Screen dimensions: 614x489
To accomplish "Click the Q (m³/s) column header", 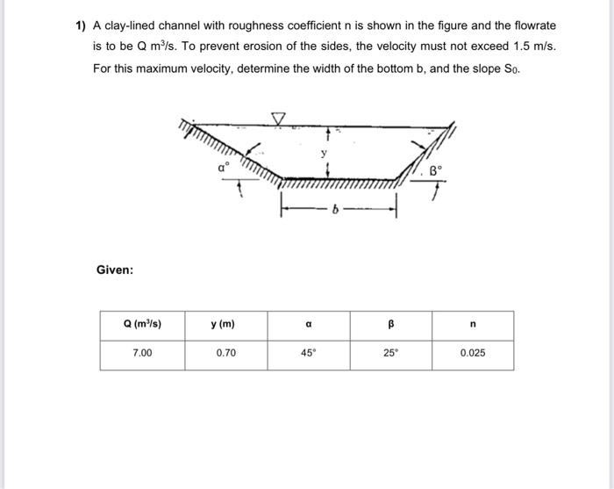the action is (141, 325).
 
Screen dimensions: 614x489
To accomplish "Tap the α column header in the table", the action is (309, 325).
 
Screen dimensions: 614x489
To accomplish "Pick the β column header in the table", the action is (391, 325).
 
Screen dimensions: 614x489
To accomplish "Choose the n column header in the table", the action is (473, 325).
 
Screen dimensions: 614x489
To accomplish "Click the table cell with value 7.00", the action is (141, 353).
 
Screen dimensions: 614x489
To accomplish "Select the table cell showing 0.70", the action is (225, 353).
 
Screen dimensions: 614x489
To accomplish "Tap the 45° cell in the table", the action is (309, 353).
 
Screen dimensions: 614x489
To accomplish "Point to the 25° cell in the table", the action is (391, 353).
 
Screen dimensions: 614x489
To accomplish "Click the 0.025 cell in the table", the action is (473, 353).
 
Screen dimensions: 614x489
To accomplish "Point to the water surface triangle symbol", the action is (279, 117).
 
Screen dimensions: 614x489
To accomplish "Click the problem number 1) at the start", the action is (79, 26).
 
